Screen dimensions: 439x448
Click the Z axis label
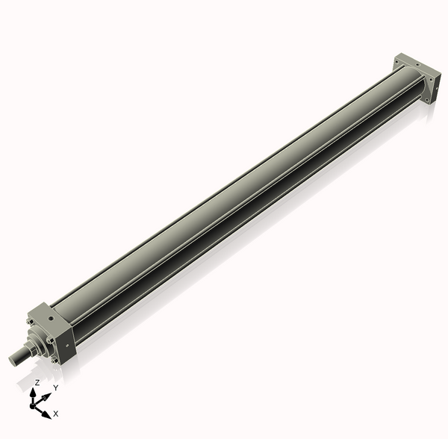(x=37, y=382)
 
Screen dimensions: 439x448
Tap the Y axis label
(x=55, y=388)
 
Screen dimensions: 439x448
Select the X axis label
(x=56, y=413)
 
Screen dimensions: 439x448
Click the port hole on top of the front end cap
(x=51, y=318)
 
